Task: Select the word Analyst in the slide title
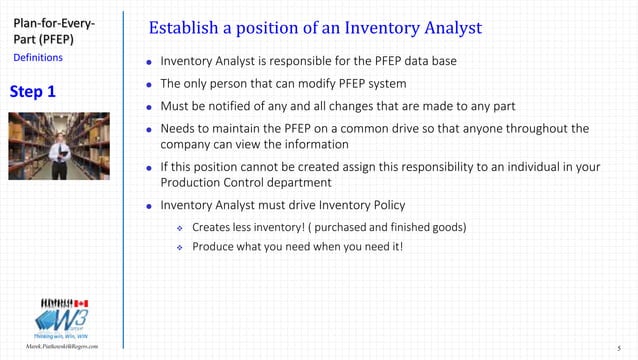(444, 25)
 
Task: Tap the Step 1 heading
(33, 92)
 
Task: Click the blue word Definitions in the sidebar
(37, 58)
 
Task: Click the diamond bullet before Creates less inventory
(180, 227)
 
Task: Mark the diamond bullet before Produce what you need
(180, 246)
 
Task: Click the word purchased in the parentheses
(356, 227)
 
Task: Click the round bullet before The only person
(149, 86)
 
